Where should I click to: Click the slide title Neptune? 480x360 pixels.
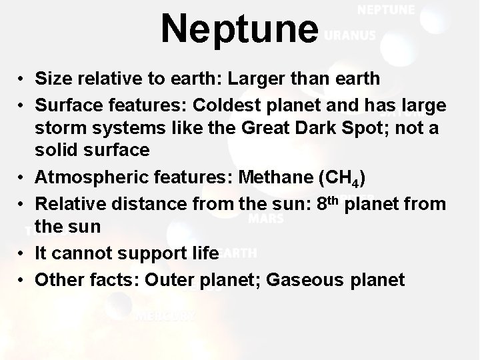pyautogui.click(x=239, y=29)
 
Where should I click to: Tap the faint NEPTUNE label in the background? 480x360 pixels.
pyautogui.click(x=386, y=10)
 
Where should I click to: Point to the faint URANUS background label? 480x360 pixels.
pyautogui.click(x=349, y=35)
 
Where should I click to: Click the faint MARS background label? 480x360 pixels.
pyautogui.click(x=265, y=218)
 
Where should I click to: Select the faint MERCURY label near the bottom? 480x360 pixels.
pyautogui.click(x=165, y=317)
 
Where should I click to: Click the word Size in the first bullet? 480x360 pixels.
pyautogui.click(x=51, y=79)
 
